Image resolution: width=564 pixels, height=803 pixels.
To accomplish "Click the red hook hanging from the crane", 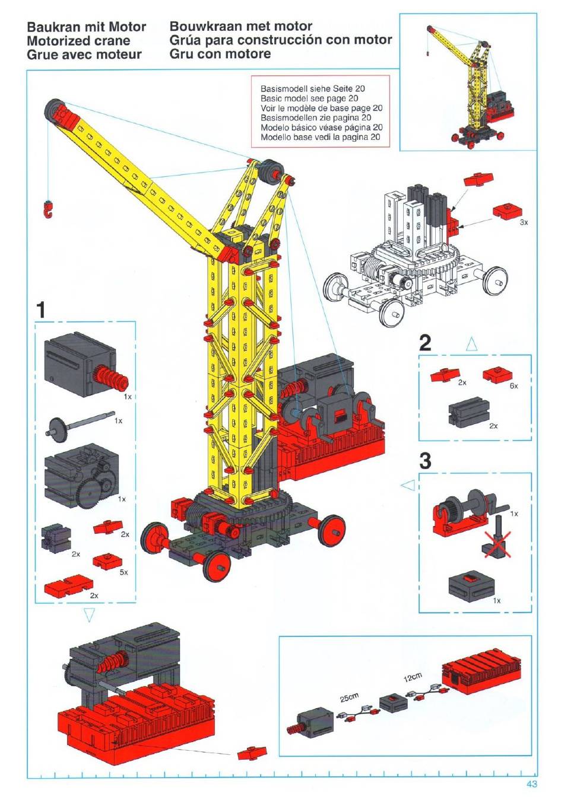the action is click(x=48, y=210).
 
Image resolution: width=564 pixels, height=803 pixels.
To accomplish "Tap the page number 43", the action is click(x=532, y=785).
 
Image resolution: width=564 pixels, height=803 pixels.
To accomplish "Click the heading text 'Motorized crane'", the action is click(x=78, y=40).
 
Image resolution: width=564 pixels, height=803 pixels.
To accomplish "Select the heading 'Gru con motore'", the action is click(x=220, y=54).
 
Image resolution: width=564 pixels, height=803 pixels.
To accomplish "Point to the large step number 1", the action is click(x=41, y=310).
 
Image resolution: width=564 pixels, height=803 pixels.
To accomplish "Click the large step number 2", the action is click(x=425, y=343).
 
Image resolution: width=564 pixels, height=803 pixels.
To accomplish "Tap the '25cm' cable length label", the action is click(x=349, y=697).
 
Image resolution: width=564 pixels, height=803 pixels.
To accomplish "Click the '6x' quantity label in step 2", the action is click(x=514, y=385).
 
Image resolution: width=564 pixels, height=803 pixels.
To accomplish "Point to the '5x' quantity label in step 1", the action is click(x=123, y=572).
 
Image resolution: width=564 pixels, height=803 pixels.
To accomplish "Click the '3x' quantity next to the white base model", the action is click(x=524, y=222).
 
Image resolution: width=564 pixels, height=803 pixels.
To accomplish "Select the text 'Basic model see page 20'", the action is click(x=309, y=98).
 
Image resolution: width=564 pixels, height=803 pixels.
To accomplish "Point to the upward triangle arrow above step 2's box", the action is click(x=471, y=345).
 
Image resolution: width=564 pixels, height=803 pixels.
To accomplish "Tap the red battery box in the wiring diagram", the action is click(x=481, y=670).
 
